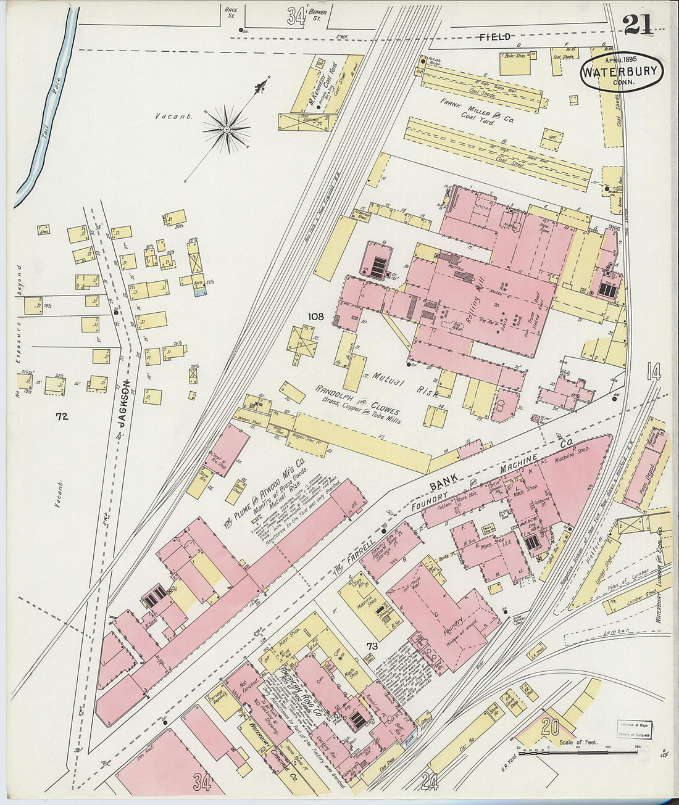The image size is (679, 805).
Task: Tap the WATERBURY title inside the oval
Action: [x=622, y=72]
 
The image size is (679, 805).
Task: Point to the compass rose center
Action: [x=227, y=129]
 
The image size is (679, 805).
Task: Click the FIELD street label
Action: [x=496, y=37]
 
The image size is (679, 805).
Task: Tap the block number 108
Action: [x=316, y=316]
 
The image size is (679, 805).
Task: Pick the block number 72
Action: [x=61, y=417]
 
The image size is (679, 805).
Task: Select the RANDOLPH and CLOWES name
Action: [x=358, y=401]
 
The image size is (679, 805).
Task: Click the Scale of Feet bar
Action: [x=577, y=751]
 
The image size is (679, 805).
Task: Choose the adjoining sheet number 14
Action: [x=653, y=372]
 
